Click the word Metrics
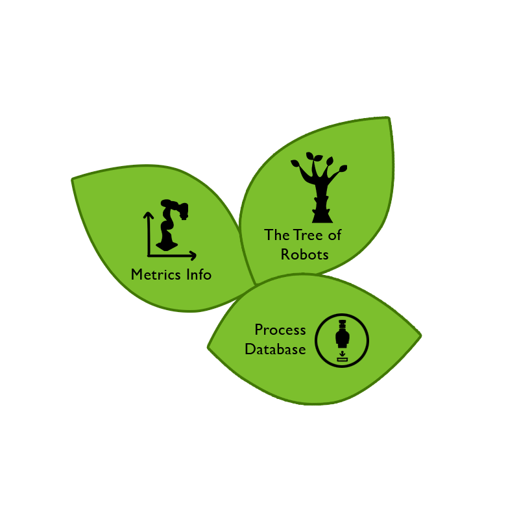(156, 274)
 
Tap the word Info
(199, 274)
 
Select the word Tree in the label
(308, 235)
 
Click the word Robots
(304, 254)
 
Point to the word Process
(280, 330)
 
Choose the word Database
(275, 349)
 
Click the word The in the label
(277, 235)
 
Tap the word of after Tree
(334, 235)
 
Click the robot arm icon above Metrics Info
(172, 225)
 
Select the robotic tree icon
(319, 187)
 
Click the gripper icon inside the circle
(343, 333)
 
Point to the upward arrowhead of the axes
(149, 215)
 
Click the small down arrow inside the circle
(343, 354)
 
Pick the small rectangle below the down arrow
(343, 360)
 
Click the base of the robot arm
(167, 247)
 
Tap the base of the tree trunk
(322, 217)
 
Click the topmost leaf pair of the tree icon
(313, 156)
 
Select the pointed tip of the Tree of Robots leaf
(388, 118)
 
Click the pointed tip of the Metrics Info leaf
(73, 180)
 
